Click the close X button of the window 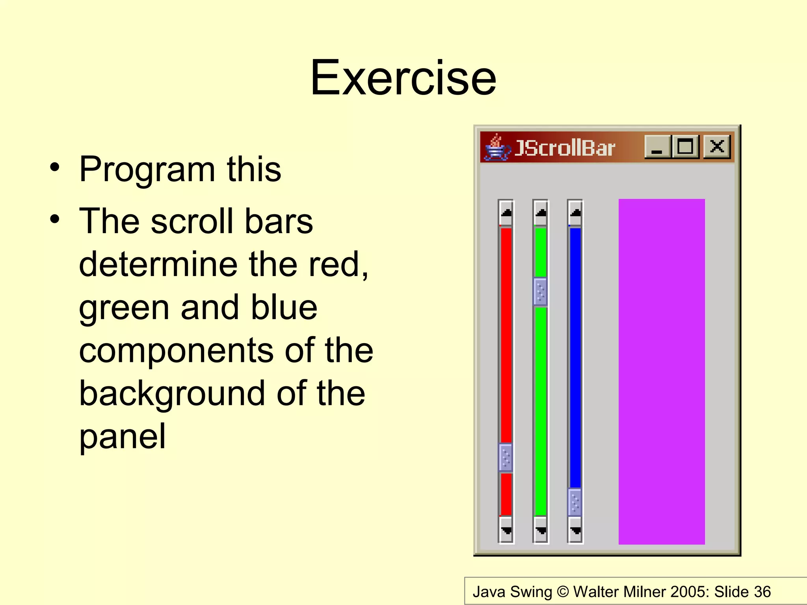[717, 147]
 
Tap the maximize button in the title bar [686, 147]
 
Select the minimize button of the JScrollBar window [657, 147]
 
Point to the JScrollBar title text [564, 148]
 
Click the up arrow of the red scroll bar [506, 213]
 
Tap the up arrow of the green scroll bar [541, 213]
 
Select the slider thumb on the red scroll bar [506, 457]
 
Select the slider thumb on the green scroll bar [540, 291]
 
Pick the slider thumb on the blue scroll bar [575, 502]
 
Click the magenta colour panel [662, 371]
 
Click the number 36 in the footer [762, 592]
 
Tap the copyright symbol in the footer [563, 592]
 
